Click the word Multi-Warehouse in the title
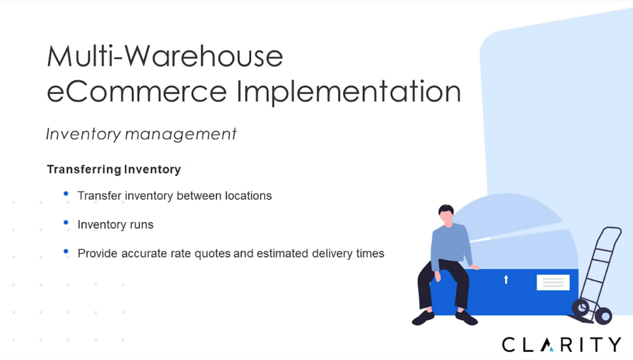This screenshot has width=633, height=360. click(165, 56)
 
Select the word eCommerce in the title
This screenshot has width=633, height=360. click(137, 91)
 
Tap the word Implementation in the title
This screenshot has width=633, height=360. click(349, 92)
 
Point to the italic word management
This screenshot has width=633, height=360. click(180, 134)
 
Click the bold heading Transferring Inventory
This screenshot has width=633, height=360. click(114, 169)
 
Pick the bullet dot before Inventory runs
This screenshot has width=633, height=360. click(66, 223)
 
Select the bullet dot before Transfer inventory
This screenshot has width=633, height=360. click(66, 194)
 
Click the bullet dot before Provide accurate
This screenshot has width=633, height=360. click(66, 251)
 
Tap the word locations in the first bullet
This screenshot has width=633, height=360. click(248, 196)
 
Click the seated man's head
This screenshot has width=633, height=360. click(446, 214)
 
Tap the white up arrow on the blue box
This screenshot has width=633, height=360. click(506, 279)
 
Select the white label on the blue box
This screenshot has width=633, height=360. click(553, 282)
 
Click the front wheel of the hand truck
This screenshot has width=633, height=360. click(603, 316)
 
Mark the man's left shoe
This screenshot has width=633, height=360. click(466, 318)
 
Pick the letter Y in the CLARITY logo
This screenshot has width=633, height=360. click(614, 344)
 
